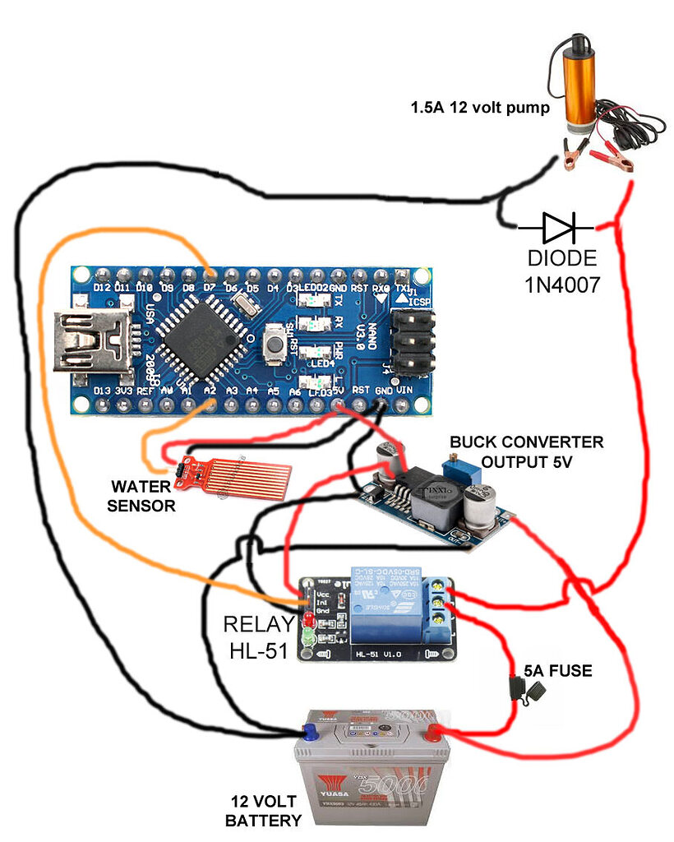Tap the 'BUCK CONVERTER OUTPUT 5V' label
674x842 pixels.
526,452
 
